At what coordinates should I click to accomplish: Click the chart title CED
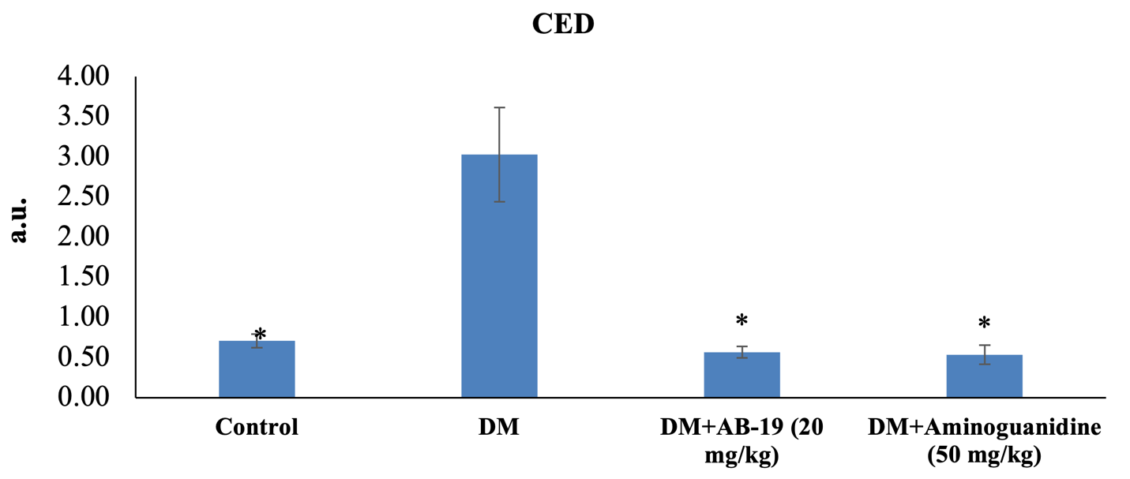(x=562, y=24)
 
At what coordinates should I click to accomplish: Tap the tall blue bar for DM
(x=499, y=276)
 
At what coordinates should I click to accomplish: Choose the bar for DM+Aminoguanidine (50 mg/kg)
(x=984, y=376)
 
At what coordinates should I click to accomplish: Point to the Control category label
(x=257, y=428)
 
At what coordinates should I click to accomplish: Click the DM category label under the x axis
(x=499, y=428)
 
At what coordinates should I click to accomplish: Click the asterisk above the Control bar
(x=260, y=335)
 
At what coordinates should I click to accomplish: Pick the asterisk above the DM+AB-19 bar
(x=741, y=321)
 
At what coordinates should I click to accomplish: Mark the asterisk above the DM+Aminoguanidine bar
(x=984, y=324)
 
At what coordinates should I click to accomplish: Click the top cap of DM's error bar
(x=499, y=107)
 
